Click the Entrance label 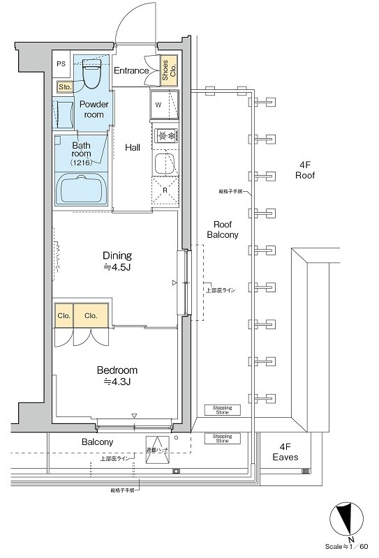131,70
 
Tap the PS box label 61,63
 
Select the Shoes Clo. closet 168,70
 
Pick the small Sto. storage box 64,87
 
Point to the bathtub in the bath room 80,189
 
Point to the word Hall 133,148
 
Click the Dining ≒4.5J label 117,260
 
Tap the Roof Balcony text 223,229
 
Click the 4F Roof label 305,170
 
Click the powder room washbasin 64,113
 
